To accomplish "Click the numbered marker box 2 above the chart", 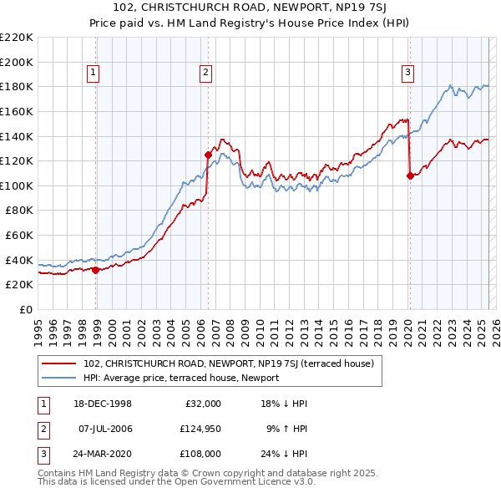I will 205,74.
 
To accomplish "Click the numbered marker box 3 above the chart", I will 407,74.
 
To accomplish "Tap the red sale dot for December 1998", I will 96,270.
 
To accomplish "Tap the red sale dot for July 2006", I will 208,154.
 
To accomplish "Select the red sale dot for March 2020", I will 410,175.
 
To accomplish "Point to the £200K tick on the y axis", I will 17,62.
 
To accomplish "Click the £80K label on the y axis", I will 19,211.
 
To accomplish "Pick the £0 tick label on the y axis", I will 25,309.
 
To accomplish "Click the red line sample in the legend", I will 58,363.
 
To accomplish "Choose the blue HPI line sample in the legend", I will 58,378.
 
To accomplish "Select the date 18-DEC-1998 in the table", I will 101,404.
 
